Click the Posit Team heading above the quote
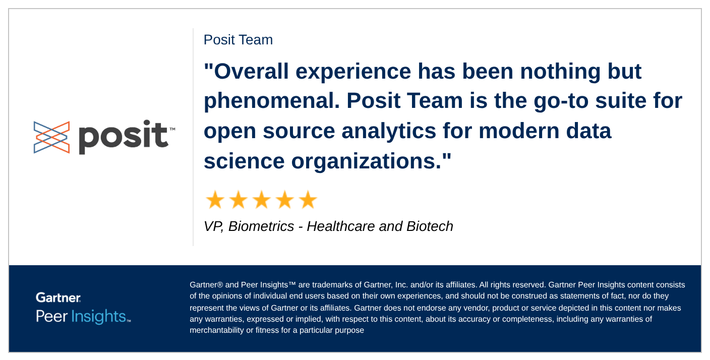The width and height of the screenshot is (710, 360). [238, 40]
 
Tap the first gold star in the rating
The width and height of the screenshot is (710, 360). [215, 200]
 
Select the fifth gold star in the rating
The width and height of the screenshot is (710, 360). [308, 200]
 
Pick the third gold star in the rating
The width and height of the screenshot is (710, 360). [262, 200]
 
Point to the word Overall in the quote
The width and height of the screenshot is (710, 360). [251, 71]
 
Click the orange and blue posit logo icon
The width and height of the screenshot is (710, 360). [51, 137]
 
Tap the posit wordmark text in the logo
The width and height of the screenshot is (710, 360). [124, 137]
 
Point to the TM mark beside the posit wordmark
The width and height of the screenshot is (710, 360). [172, 129]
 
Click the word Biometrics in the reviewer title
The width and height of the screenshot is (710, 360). [261, 226]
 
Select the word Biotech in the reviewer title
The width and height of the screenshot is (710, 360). [430, 226]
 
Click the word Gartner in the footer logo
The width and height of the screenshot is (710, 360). [58, 297]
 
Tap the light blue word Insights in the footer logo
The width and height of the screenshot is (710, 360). [98, 317]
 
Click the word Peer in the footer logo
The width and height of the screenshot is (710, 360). [51, 317]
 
